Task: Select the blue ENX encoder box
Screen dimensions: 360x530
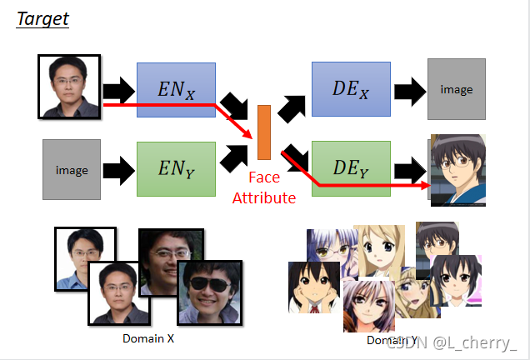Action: click(x=176, y=88)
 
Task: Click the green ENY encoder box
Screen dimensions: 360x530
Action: click(x=176, y=169)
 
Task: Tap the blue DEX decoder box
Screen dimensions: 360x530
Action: click(x=351, y=88)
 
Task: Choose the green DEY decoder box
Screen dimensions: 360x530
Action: click(x=351, y=168)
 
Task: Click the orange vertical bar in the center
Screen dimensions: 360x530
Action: click(x=264, y=132)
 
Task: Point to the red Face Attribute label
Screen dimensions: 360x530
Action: click(x=264, y=187)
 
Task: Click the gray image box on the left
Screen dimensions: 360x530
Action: click(x=72, y=170)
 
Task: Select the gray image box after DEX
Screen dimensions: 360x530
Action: click(x=456, y=89)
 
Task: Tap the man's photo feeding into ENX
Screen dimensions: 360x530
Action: click(x=70, y=86)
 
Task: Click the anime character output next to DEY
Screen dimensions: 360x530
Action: click(x=457, y=169)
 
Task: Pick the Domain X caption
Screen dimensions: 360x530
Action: click(x=148, y=338)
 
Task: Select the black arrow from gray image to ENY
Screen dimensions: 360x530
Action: click(x=117, y=170)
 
